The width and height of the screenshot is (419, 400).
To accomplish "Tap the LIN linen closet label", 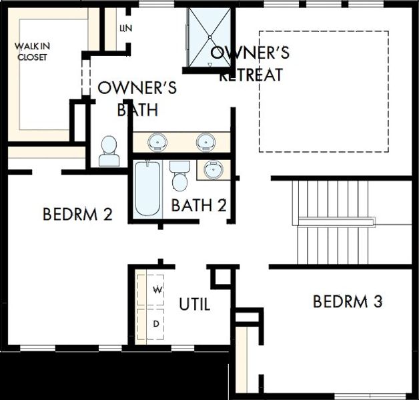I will (x=124, y=28).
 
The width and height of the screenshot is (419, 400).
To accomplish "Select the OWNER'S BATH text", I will (x=137, y=99).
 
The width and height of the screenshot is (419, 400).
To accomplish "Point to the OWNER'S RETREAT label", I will (x=250, y=63).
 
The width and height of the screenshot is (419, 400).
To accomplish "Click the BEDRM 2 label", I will (x=77, y=215).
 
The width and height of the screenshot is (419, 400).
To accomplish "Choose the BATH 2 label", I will (x=199, y=205).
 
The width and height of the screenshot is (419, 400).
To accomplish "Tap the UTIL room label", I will (x=195, y=305).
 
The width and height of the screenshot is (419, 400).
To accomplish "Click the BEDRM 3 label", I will (x=348, y=302).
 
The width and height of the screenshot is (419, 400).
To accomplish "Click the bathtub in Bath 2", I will (x=147, y=189).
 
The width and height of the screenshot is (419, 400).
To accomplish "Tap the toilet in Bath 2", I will (x=179, y=176).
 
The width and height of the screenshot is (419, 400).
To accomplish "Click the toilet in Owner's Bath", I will (x=107, y=151).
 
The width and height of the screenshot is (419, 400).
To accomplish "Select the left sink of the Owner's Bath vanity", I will (x=157, y=141).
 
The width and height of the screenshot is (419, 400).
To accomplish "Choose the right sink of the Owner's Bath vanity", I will (x=205, y=141).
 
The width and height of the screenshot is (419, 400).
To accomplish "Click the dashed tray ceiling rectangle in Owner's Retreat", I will (x=324, y=91).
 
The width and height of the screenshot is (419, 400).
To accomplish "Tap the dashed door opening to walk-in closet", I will (x=83, y=77).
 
